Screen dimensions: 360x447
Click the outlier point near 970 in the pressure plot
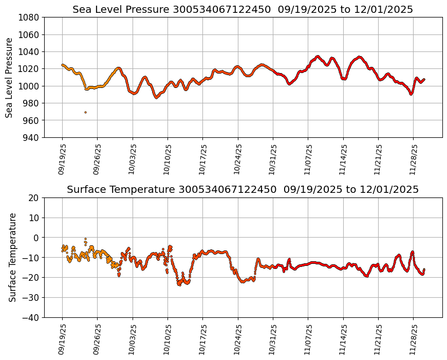tap(85, 112)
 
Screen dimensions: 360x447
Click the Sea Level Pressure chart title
tap(243, 9)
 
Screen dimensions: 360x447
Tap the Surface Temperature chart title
tap(243, 190)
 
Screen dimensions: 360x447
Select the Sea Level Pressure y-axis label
tap(9, 77)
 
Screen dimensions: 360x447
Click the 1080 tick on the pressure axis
tap(29, 17)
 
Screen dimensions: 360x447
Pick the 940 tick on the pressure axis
tap(31, 137)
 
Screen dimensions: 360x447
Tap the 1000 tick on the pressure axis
tap(29, 86)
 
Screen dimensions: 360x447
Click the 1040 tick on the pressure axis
tap(29, 51)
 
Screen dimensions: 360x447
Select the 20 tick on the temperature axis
tap(34, 198)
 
